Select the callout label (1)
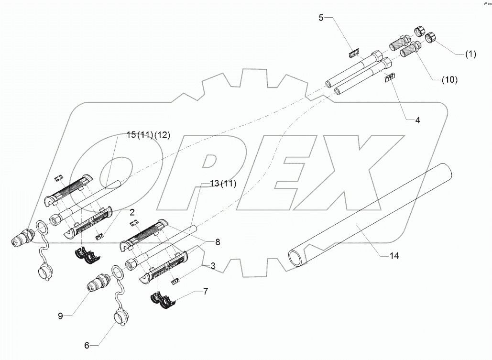(471, 55)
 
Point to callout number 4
(417, 120)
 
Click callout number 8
(218, 242)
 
